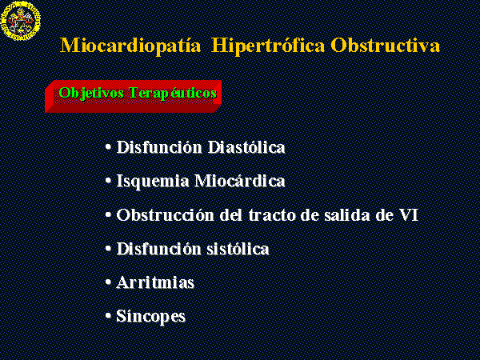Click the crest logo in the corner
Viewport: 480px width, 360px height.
(x=21, y=21)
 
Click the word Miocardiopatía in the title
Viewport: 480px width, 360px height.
(x=130, y=46)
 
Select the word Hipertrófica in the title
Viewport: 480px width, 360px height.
(x=268, y=46)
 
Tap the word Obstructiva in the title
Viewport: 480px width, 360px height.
(x=385, y=46)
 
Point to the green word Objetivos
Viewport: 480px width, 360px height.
(x=91, y=93)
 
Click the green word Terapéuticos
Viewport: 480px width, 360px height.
(x=173, y=93)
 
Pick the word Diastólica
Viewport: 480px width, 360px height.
(x=246, y=147)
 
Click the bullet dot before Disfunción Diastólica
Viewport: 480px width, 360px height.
(x=108, y=147)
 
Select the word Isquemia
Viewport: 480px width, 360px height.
(x=153, y=182)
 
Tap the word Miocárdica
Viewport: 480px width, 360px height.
(x=240, y=181)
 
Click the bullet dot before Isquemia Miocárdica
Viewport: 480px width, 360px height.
(x=108, y=181)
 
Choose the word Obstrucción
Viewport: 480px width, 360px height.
(x=165, y=214)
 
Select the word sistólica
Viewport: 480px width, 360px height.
(x=238, y=249)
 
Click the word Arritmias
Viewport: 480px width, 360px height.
(x=155, y=282)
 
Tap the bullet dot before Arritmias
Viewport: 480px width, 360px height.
(x=108, y=282)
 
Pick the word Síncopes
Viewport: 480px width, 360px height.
(x=151, y=317)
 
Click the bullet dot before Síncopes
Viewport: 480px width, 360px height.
(x=108, y=316)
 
